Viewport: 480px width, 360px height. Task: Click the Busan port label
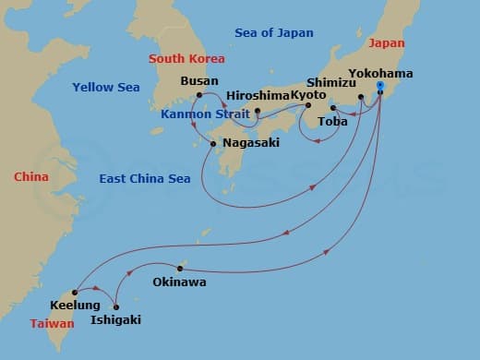[x=200, y=80]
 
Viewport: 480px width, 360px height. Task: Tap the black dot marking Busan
[x=198, y=94]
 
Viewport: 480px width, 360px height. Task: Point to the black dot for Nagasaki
[x=213, y=143]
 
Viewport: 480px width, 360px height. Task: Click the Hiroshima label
[x=258, y=95]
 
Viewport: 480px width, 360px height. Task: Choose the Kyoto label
[x=309, y=95]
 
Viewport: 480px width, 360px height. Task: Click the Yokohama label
[x=381, y=73]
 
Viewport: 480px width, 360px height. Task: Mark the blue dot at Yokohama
[x=380, y=86]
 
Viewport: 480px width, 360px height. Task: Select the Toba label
[x=332, y=121]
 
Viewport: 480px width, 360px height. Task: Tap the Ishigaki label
[x=117, y=320]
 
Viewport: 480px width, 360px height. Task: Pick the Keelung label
[x=76, y=305]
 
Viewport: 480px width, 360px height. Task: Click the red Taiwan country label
[x=52, y=324]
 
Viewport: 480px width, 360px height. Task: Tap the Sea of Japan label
[x=274, y=33]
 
